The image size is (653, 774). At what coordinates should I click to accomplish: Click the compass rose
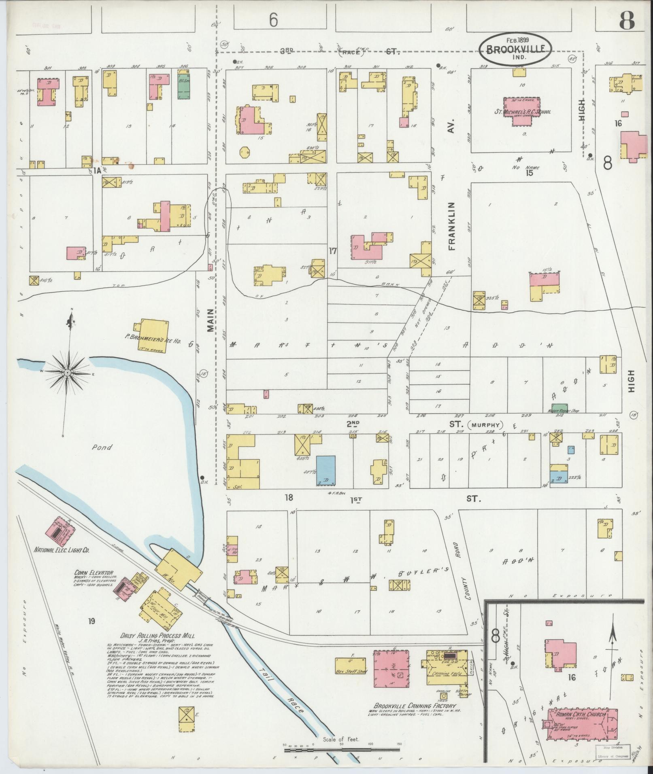68,372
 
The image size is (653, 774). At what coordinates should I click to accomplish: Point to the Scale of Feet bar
342,750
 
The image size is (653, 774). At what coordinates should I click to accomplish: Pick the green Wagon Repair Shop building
559,408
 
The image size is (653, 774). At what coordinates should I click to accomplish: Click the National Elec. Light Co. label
62,550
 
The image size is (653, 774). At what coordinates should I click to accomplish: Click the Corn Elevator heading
94,573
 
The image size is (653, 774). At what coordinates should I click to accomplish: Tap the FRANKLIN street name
452,226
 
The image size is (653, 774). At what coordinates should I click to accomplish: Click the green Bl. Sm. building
184,86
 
